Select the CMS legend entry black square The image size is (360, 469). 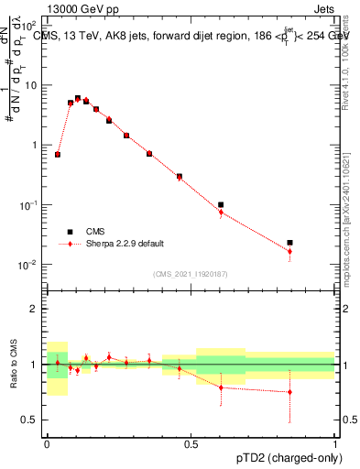(70, 232)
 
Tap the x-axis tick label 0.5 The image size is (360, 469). (191, 442)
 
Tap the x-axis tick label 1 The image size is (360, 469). (335, 442)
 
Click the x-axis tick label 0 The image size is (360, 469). (47, 442)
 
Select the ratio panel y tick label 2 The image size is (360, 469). (35, 309)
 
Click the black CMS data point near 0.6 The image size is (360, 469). (221, 204)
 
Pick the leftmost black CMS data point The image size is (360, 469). (58, 155)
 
